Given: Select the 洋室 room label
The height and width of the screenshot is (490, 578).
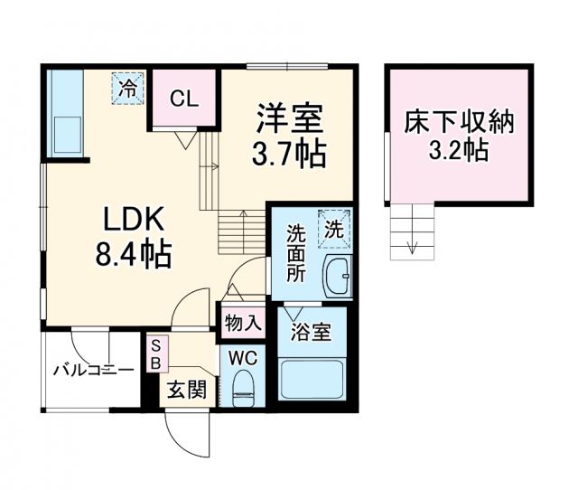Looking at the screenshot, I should click(x=289, y=119).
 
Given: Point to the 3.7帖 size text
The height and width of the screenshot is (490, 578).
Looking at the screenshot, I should click(x=289, y=155).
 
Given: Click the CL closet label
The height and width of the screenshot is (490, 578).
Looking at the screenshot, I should click(x=185, y=98).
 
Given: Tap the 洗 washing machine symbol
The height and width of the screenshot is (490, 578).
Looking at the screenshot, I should click(x=333, y=230).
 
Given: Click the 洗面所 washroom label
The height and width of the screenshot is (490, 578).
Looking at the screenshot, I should click(x=297, y=253).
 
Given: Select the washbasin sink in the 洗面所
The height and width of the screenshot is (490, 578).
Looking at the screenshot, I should click(x=338, y=276).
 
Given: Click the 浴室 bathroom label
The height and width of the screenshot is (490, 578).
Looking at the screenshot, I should click(x=311, y=332).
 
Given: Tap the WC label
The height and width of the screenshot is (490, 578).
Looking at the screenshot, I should click(x=244, y=357).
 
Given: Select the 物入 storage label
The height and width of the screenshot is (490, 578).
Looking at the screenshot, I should click(x=242, y=323).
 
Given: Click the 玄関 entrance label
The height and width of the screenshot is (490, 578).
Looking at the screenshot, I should click(x=185, y=391).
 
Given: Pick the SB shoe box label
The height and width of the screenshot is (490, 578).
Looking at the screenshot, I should click(x=155, y=354).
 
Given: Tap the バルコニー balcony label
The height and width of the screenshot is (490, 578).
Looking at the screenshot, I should click(x=92, y=370).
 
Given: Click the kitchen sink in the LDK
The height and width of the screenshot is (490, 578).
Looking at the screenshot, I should click(x=66, y=134).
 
